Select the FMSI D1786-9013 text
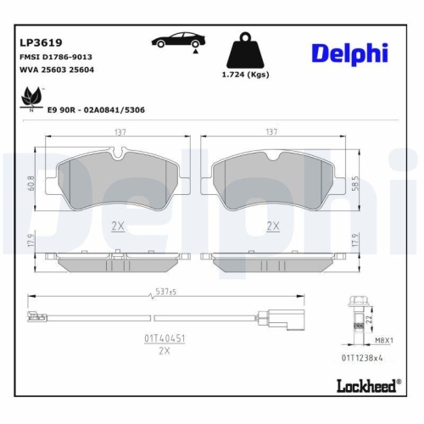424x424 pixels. click(55, 56)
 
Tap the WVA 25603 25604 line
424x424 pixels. click(56, 70)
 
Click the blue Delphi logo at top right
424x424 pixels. click(349, 53)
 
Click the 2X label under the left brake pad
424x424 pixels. click(118, 226)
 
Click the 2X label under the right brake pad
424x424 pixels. click(273, 226)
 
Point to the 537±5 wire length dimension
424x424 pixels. click(167, 293)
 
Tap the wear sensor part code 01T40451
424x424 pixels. click(165, 337)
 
